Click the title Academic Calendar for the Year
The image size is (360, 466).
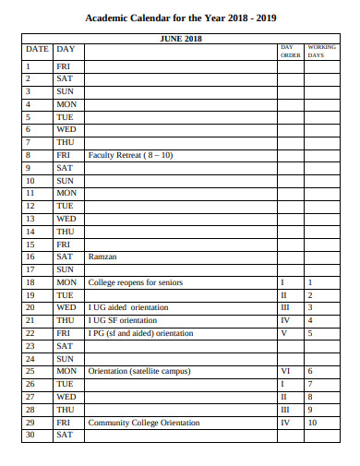pos(180,18)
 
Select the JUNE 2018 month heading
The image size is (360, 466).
pos(181,38)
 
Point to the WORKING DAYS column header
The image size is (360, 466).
pos(321,50)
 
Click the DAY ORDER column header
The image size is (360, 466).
pos(290,50)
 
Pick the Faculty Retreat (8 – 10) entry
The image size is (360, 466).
pos(130,155)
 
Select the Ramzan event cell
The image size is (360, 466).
pos(102,257)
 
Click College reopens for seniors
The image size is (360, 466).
pos(136,281)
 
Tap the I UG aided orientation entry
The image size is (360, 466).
pos(128,307)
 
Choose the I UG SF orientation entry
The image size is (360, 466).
pos(123,320)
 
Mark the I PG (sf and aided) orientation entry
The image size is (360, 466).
pos(140,332)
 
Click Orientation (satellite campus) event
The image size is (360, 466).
pos(139,371)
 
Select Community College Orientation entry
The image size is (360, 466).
pos(144,422)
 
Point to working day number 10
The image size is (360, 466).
pos(312,422)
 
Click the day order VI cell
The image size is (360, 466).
pos(286,371)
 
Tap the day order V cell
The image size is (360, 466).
pos(285,332)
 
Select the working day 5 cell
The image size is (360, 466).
pos(310,332)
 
